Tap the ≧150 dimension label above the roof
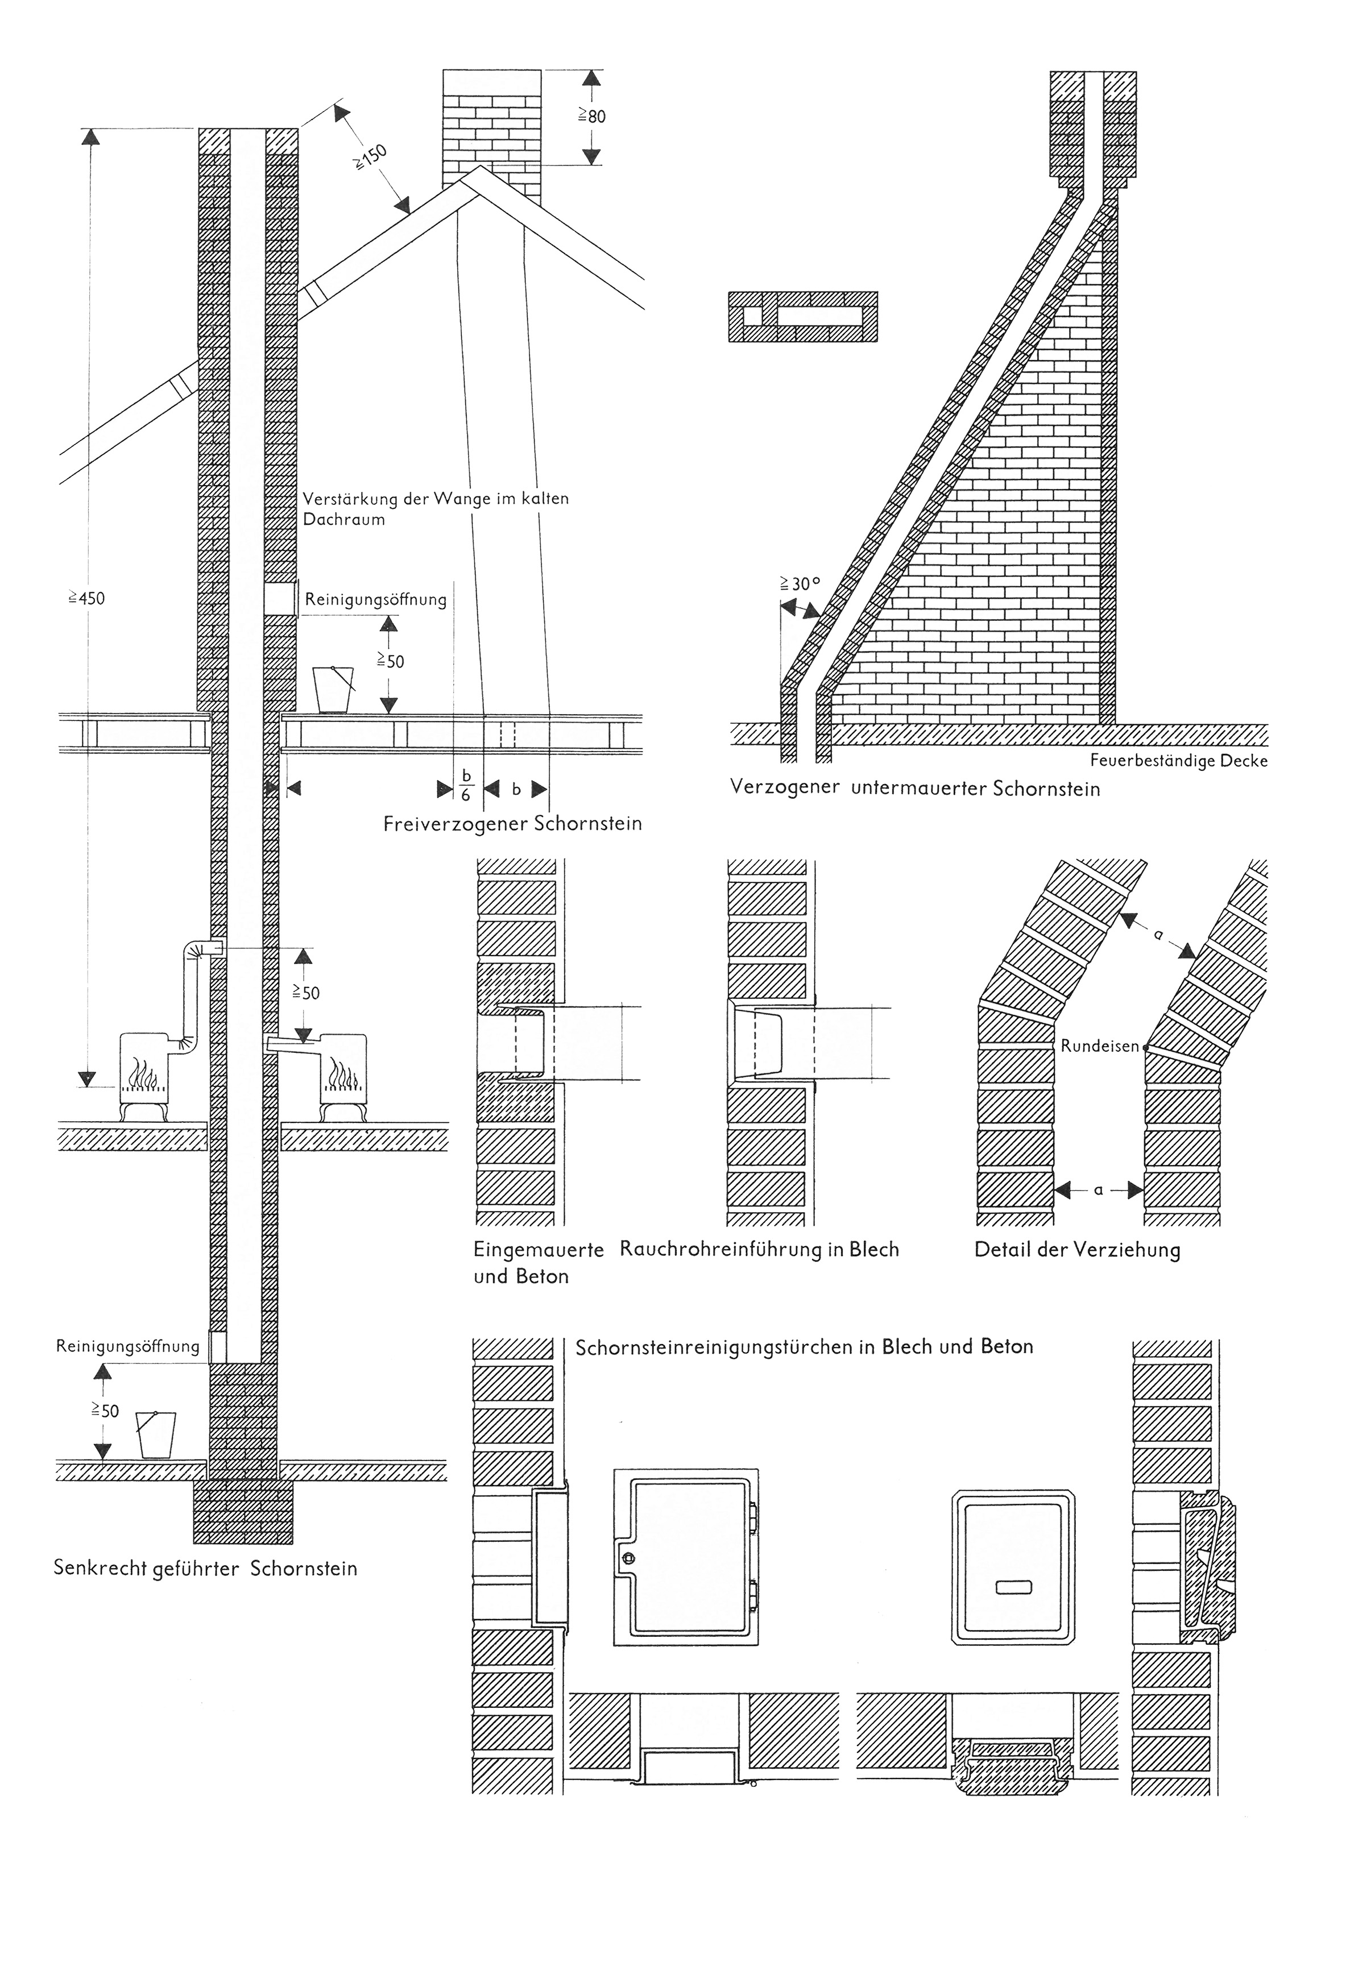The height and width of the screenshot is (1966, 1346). tap(370, 158)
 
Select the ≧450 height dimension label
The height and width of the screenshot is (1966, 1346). tap(87, 598)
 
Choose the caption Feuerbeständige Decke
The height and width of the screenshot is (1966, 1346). tap(1178, 761)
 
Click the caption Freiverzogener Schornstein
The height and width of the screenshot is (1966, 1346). tap(513, 823)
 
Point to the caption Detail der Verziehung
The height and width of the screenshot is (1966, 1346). tap(1077, 1250)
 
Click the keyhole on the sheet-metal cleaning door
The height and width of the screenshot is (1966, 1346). tap(628, 1559)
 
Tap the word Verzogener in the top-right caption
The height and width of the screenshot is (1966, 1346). tap(785, 787)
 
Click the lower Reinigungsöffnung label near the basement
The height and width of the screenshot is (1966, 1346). tap(128, 1346)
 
